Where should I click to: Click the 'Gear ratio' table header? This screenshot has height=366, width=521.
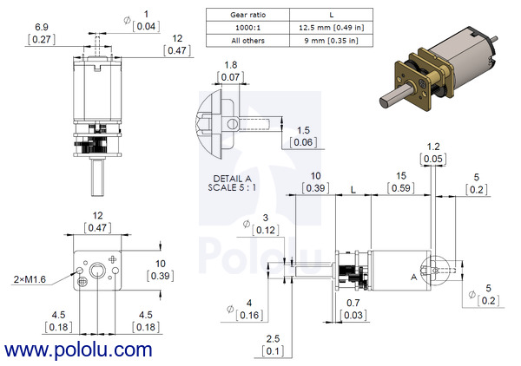point(247,15)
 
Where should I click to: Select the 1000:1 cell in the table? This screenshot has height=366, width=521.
point(247,28)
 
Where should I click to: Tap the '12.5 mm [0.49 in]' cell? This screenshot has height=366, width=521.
point(332,28)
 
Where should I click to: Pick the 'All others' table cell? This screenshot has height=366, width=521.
point(247,41)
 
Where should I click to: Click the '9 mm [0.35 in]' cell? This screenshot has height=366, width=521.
point(332,41)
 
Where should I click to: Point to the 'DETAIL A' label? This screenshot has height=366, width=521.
point(232,179)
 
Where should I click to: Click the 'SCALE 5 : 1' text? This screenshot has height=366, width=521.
point(232,188)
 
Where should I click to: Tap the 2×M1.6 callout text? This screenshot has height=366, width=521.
point(30,280)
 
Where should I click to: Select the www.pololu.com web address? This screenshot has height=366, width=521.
point(78,350)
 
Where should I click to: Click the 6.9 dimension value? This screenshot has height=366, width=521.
point(42,27)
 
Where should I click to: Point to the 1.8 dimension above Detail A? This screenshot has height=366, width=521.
point(231,65)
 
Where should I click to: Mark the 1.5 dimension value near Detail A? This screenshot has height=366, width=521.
point(303,130)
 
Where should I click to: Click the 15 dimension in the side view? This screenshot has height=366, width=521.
point(401,176)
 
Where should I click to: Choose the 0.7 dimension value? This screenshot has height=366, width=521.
point(353,303)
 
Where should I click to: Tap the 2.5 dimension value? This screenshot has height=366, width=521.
point(273,339)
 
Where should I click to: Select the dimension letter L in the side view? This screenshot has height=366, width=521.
point(353,190)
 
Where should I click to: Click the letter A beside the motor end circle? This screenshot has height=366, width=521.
point(413,277)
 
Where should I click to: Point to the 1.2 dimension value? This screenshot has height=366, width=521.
point(433,147)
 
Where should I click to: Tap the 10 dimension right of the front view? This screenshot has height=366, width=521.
point(161,264)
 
